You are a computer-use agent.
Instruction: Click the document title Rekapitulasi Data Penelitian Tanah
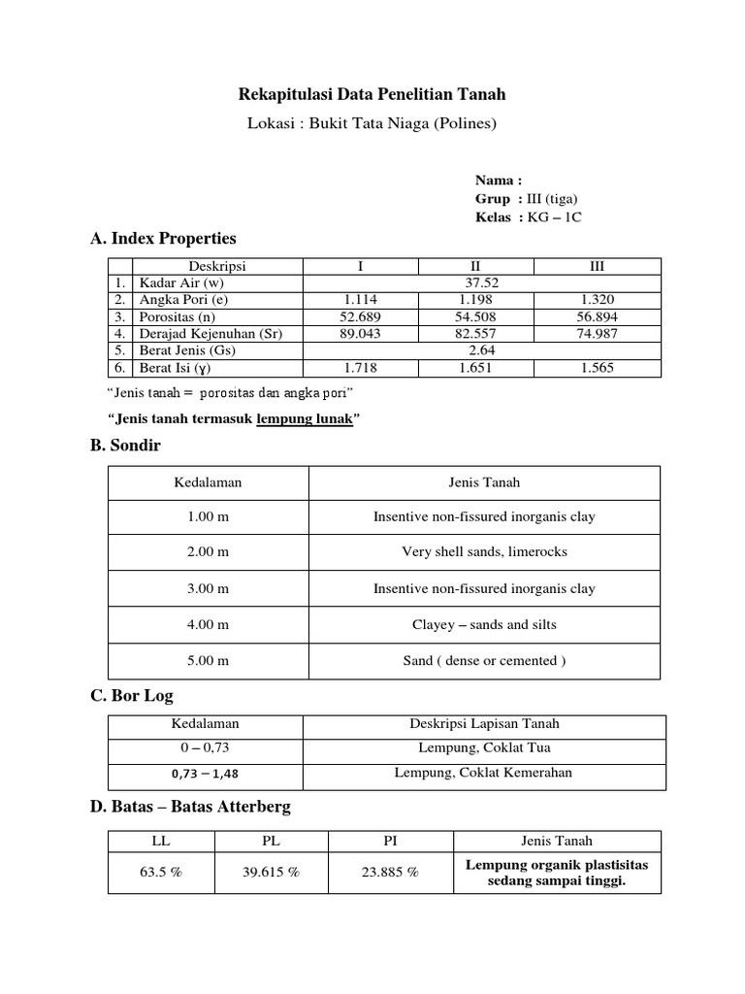pyautogui.click(x=372, y=94)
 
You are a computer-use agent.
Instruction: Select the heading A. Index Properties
pyautogui.click(x=162, y=238)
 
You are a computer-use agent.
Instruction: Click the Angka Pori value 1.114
pyautogui.click(x=360, y=300)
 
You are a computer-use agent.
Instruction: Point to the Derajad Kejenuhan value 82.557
pyautogui.click(x=476, y=333)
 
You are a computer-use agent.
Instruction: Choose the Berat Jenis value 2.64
pyautogui.click(x=482, y=350)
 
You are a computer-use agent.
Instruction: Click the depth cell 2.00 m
pyautogui.click(x=209, y=552)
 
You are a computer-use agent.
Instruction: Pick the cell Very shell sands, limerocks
pyautogui.click(x=484, y=552)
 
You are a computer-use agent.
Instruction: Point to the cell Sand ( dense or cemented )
pyautogui.click(x=484, y=661)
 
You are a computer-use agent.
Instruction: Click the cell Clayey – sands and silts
pyautogui.click(x=484, y=625)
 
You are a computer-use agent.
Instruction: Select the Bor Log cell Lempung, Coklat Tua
pyautogui.click(x=484, y=748)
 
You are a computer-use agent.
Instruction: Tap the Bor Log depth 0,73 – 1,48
pyautogui.click(x=205, y=774)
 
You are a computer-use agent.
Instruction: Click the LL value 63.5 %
pyautogui.click(x=161, y=873)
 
